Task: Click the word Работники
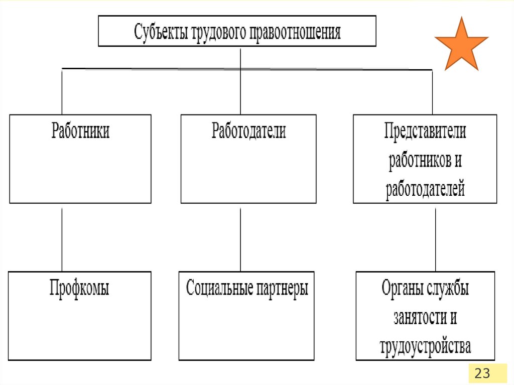click(80, 132)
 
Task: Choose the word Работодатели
click(248, 132)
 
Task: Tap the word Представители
click(425, 132)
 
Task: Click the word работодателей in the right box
click(425, 190)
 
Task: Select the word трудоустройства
click(425, 346)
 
